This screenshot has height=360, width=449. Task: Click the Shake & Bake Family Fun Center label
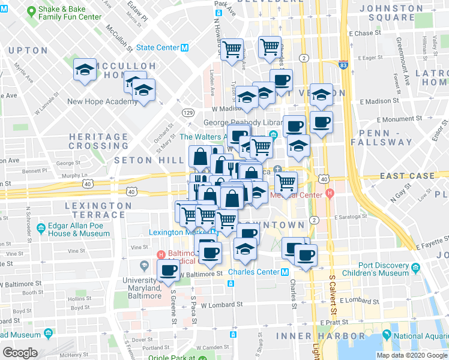click(70, 13)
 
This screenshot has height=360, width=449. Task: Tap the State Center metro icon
click(185, 47)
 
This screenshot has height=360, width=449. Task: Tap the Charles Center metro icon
click(286, 272)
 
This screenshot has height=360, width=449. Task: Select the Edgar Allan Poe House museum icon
click(41, 229)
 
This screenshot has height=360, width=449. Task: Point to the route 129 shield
click(188, 112)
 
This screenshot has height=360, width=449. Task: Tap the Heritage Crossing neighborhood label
click(98, 141)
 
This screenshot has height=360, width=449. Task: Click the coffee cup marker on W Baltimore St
click(168, 270)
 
